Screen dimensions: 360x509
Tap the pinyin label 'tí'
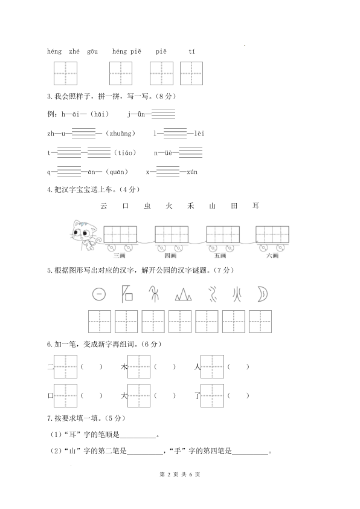click(x=192, y=51)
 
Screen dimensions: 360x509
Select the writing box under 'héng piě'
click(x=121, y=73)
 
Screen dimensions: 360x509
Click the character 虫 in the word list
click(x=147, y=206)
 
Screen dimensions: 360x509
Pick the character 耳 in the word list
click(x=256, y=206)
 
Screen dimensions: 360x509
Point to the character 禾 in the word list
click(x=191, y=206)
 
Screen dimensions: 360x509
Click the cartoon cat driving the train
click(x=83, y=235)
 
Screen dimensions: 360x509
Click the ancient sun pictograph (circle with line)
click(x=98, y=294)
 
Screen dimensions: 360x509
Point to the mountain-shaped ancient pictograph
click(x=184, y=294)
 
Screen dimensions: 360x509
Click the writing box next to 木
click(x=139, y=366)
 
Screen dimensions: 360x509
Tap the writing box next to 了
click(x=212, y=395)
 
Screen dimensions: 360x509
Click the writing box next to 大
click(x=139, y=395)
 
